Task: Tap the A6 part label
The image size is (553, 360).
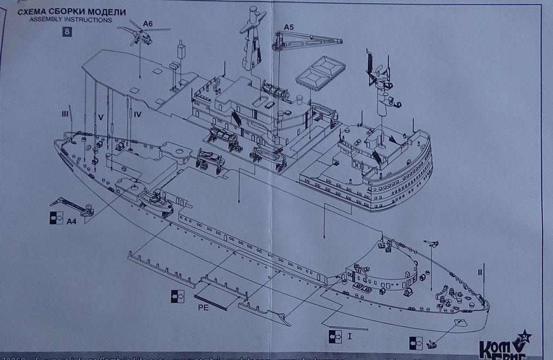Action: coord(148,23)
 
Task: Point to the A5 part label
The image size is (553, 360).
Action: coord(289,27)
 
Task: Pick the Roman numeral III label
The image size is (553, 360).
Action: coord(64,113)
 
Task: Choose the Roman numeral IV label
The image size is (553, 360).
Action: coord(138,114)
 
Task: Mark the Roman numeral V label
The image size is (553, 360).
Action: coord(100,117)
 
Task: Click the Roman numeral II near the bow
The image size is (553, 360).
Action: coord(478,272)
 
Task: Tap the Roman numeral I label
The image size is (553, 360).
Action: coord(350,337)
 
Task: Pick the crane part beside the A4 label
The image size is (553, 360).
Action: coord(72,205)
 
